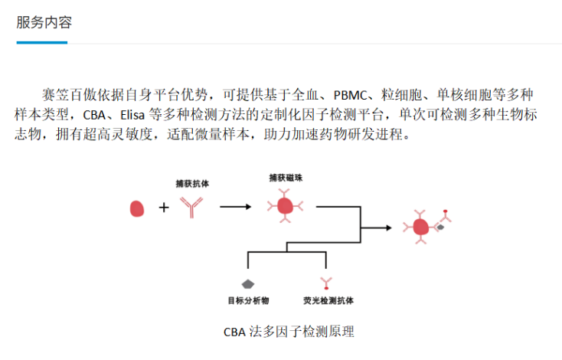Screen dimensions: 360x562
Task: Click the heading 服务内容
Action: [x=44, y=22]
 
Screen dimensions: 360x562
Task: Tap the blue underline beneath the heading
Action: [x=41, y=42]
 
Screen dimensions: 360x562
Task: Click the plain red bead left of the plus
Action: [x=138, y=208]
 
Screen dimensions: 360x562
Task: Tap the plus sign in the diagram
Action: [x=163, y=208]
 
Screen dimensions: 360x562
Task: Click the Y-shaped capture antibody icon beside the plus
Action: [x=191, y=207]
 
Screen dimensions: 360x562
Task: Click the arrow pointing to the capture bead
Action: [x=235, y=207]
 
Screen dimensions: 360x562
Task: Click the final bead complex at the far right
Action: [x=422, y=227]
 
